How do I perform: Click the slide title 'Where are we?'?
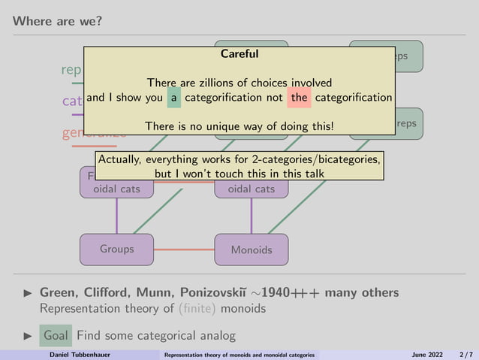click(57, 20)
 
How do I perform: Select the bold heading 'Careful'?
click(239, 54)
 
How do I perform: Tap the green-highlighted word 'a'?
click(173, 97)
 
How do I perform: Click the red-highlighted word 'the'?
click(299, 97)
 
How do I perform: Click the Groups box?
click(116, 249)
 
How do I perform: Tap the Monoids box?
click(251, 250)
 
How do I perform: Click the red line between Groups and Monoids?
click(184, 249)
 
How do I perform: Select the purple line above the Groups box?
click(116, 216)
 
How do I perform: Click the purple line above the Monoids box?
click(251, 216)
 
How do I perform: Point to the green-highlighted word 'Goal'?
click(56, 335)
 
